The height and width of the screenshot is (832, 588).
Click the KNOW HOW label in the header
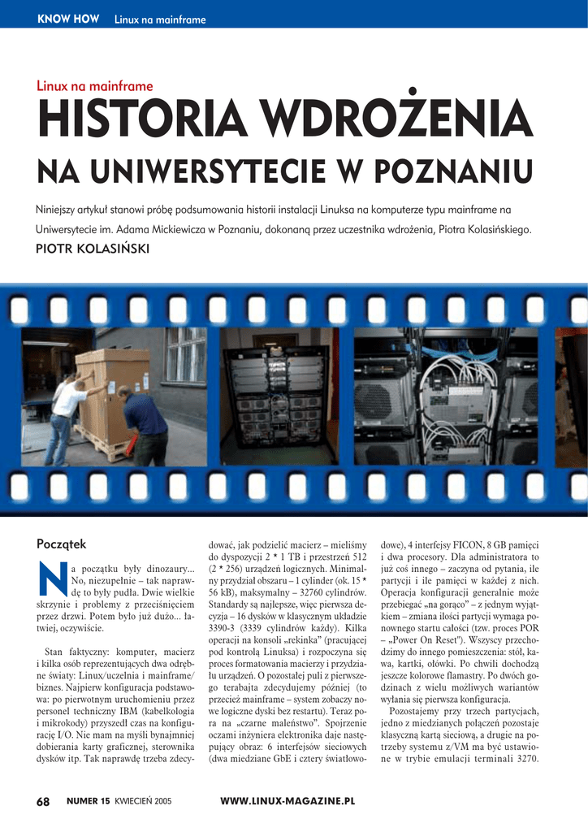click(x=68, y=19)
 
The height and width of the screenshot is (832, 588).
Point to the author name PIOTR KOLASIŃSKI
click(x=93, y=249)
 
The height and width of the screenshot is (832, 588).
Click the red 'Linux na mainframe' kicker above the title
click(x=95, y=86)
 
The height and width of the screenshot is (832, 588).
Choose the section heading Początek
click(x=62, y=544)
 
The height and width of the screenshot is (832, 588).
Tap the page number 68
click(x=43, y=802)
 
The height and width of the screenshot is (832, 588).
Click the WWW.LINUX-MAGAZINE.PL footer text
click(x=288, y=802)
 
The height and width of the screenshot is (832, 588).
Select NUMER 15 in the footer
click(x=88, y=802)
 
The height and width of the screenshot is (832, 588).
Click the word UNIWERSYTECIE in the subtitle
click(x=206, y=172)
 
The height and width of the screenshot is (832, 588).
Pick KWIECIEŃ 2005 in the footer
click(x=143, y=802)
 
